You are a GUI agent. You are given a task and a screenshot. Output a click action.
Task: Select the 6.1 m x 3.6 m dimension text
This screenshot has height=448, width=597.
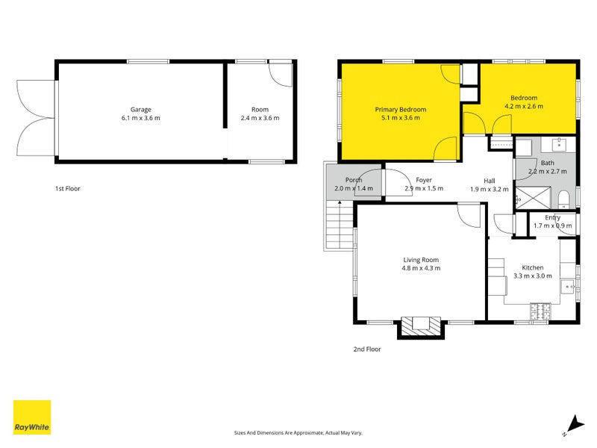point(141,118)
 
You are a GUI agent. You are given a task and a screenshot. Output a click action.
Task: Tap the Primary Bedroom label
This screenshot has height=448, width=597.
point(400,110)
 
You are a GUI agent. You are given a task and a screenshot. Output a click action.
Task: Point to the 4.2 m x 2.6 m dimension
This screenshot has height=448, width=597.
point(523,106)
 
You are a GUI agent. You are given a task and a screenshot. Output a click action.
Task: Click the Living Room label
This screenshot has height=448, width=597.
point(422,259)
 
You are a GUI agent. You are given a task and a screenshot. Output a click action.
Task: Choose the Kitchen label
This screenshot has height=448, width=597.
point(533,267)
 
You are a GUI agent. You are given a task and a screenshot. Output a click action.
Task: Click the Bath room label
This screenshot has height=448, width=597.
point(548,163)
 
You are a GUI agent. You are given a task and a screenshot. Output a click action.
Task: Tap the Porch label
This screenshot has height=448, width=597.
point(354,180)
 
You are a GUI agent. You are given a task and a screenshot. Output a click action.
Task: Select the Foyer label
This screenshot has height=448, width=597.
point(424,180)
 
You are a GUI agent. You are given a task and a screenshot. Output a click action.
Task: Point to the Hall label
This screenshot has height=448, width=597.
point(489,180)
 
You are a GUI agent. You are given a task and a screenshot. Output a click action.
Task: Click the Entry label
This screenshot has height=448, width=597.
point(552,217)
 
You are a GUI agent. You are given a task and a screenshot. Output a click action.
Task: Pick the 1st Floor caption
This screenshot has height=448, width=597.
point(67,189)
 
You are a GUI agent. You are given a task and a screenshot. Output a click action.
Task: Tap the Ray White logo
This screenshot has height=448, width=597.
point(32,417)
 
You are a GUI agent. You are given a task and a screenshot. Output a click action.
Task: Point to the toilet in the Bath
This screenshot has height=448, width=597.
point(565,198)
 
